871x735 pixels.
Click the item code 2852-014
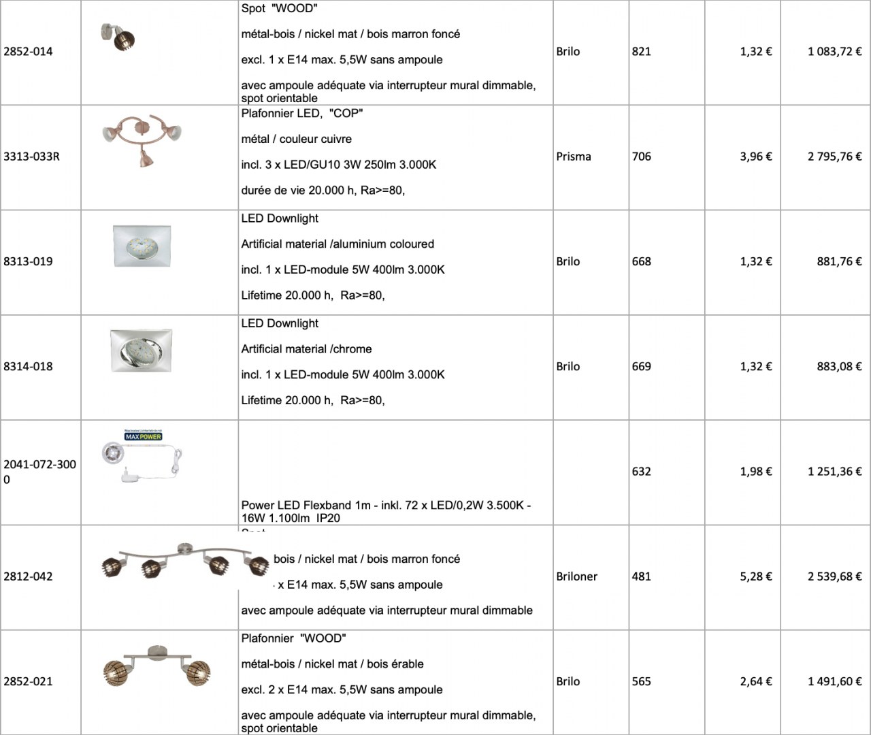click(28, 52)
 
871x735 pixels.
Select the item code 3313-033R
click(31, 157)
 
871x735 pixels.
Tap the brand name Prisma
click(573, 157)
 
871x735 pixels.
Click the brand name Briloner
click(576, 576)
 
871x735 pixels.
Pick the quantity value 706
click(641, 157)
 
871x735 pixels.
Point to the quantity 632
click(641, 472)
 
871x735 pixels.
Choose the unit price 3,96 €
click(755, 157)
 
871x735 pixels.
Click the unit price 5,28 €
click(755, 576)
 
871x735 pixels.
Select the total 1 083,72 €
click(834, 52)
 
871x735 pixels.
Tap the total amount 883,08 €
click(839, 367)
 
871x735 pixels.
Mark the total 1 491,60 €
click(834, 681)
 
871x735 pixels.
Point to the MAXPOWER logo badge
click(143, 436)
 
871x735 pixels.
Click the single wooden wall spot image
click(118, 37)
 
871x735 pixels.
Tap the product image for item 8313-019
click(142, 246)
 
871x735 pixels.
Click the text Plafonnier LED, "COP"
click(301, 114)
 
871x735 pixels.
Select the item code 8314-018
click(28, 367)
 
